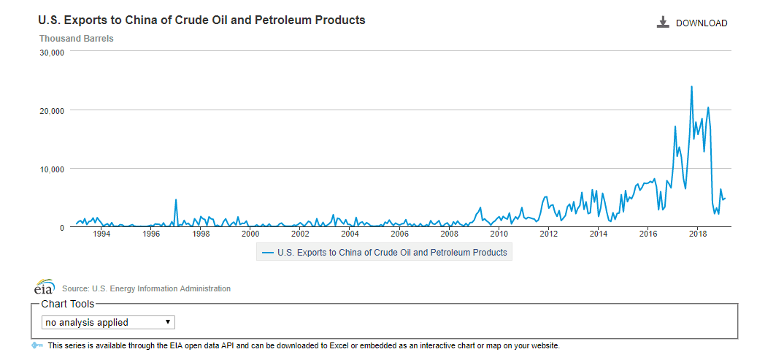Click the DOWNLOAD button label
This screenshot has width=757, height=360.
click(701, 23)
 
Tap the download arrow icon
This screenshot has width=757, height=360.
click(663, 23)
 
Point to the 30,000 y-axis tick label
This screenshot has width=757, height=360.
click(53, 53)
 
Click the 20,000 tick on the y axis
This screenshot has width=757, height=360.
click(53, 110)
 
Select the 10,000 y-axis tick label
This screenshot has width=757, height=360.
click(53, 169)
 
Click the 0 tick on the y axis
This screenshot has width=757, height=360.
click(62, 227)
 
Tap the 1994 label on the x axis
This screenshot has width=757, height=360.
click(101, 234)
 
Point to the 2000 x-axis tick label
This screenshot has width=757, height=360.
click(250, 234)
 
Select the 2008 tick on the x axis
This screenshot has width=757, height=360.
click(450, 234)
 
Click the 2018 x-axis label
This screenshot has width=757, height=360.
click(699, 234)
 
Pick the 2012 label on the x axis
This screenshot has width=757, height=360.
click(549, 234)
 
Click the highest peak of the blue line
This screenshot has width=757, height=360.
click(691, 87)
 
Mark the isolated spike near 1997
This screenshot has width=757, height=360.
click(176, 199)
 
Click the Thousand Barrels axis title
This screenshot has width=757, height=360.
click(76, 38)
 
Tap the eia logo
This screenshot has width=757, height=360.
click(45, 286)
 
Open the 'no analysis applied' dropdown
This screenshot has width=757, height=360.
click(108, 322)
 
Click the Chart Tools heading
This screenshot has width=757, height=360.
click(68, 304)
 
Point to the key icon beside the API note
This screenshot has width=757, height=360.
click(38, 345)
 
